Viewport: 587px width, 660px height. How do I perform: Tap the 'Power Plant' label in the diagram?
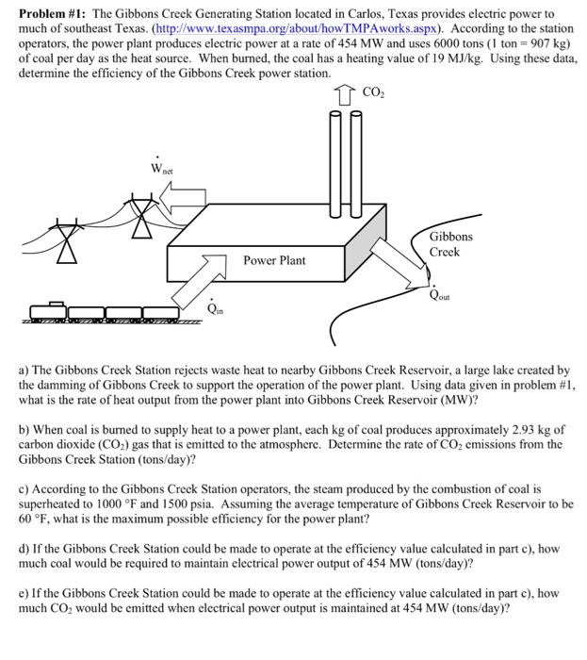(273, 259)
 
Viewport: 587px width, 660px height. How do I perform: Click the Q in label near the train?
(216, 307)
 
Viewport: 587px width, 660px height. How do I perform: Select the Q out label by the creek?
(438, 292)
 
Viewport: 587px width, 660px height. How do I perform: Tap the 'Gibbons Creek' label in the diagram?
(451, 244)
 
